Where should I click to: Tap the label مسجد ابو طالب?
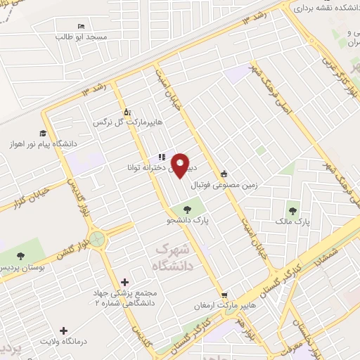coord(82,36)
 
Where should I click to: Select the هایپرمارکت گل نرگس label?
coord(129,122)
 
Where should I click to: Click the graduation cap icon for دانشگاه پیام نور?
coord(43,134)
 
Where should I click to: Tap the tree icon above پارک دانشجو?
coord(187,208)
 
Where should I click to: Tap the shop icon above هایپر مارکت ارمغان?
coord(224,295)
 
